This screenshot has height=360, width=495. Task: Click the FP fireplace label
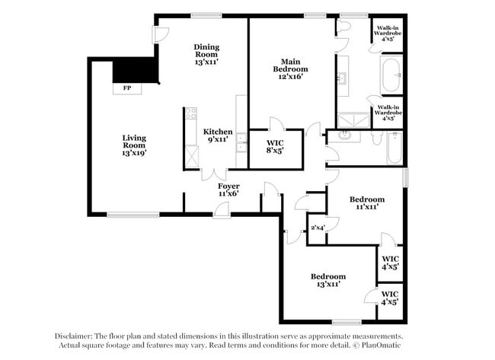(x=126, y=88)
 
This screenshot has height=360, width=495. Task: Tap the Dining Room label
(x=206, y=51)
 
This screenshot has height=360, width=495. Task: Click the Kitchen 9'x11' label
(x=218, y=135)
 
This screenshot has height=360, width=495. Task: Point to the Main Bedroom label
(x=292, y=68)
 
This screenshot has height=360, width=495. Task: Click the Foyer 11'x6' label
(x=228, y=190)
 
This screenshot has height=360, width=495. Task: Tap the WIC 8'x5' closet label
(x=276, y=147)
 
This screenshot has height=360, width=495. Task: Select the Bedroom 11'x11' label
(x=367, y=202)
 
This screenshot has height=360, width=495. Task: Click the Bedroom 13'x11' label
(x=327, y=280)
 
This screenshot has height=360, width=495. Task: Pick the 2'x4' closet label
(x=317, y=228)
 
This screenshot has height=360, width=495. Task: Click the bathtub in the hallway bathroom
(x=394, y=149)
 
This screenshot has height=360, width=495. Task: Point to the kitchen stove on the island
(x=190, y=118)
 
